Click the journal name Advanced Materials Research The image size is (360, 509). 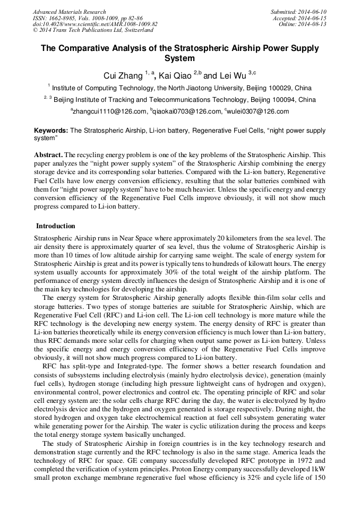69,12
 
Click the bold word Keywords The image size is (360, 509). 51,130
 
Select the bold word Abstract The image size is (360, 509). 48,155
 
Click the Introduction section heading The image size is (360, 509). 55,226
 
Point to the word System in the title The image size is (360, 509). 179,59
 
